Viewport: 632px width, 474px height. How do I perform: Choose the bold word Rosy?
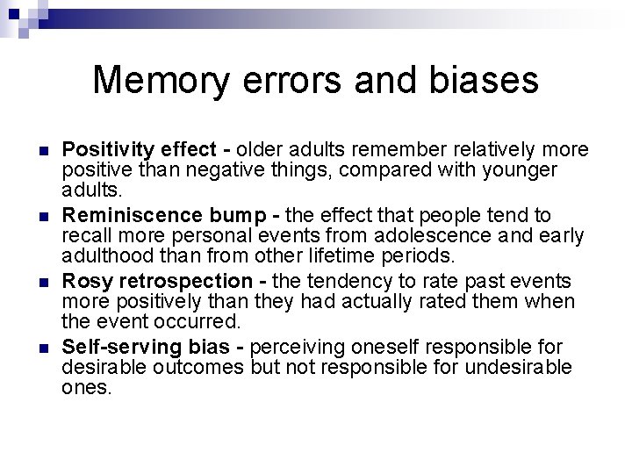coord(84,281)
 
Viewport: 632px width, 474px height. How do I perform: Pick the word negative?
coord(220,169)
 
